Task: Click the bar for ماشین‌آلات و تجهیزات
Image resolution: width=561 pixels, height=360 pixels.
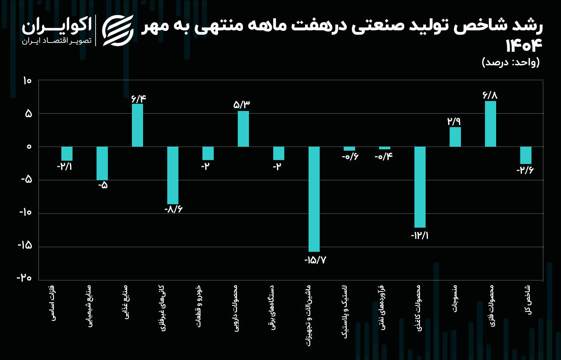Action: [x=314, y=199]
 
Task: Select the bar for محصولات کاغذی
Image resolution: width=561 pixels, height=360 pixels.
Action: [x=420, y=187]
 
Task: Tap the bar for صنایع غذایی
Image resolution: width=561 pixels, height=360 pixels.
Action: [x=137, y=125]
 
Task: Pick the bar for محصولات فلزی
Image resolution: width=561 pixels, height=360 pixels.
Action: [x=490, y=124]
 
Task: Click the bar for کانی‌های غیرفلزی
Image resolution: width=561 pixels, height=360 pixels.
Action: [x=173, y=175]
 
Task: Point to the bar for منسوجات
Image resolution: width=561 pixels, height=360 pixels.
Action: [x=455, y=137]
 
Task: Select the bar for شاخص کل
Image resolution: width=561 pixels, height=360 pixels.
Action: [x=526, y=155]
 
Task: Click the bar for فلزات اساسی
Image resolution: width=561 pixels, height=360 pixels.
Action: [x=67, y=154]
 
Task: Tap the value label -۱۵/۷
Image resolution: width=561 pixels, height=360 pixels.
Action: [x=315, y=260]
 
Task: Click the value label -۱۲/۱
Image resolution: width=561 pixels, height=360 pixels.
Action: [x=420, y=236]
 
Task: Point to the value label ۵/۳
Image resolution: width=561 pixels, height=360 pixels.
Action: [x=242, y=104]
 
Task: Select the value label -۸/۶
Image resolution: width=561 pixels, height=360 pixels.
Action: [x=174, y=209]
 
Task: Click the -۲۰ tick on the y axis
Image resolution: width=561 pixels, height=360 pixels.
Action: [x=24, y=278]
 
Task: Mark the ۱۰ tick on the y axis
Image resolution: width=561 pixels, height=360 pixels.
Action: [x=27, y=81]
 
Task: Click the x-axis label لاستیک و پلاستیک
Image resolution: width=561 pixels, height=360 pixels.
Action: [x=345, y=312]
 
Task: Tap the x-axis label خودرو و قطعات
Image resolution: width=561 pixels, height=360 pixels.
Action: [x=198, y=306]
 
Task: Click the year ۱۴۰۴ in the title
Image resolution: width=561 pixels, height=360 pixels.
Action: [x=523, y=45]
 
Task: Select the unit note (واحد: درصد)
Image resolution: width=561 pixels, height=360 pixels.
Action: [x=511, y=62]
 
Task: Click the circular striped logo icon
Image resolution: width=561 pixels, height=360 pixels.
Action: [x=118, y=30]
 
